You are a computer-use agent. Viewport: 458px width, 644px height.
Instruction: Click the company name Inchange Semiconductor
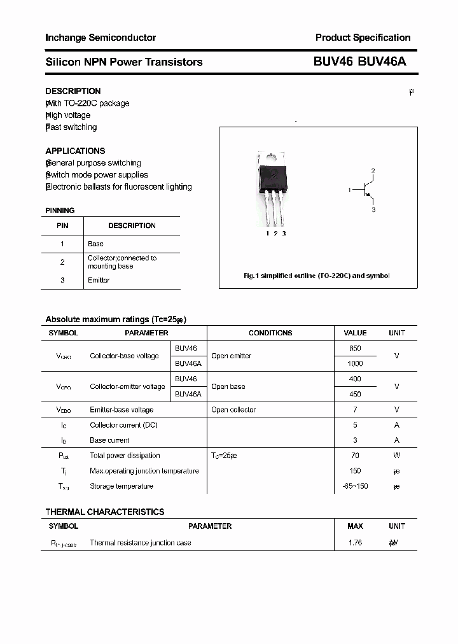pyautogui.click(x=101, y=38)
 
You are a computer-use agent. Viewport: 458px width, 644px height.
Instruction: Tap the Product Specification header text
pyautogui.click(x=363, y=38)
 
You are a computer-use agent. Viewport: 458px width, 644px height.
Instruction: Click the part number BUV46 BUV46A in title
pyautogui.click(x=359, y=62)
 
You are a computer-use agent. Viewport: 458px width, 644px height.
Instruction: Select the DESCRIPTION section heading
pyautogui.click(x=73, y=91)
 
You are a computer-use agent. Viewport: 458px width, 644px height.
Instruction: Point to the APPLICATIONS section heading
pyautogui.click(x=75, y=151)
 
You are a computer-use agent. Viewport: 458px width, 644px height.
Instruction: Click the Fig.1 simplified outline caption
pyautogui.click(x=317, y=276)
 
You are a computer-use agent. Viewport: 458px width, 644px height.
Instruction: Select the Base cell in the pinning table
pyautogui.click(x=95, y=244)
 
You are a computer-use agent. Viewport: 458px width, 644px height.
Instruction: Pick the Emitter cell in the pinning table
pyautogui.click(x=99, y=280)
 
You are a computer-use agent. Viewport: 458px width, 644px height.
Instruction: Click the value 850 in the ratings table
pyautogui.click(x=355, y=348)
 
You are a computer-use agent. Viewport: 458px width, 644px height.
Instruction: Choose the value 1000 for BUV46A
pyautogui.click(x=355, y=363)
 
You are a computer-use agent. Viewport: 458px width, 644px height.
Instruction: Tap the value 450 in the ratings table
pyautogui.click(x=355, y=394)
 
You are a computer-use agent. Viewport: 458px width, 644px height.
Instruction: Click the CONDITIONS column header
pyautogui.click(x=270, y=333)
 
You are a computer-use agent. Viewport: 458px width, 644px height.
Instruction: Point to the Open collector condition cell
pyautogui.click(x=233, y=410)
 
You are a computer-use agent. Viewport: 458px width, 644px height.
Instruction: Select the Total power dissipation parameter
pyautogui.click(x=125, y=456)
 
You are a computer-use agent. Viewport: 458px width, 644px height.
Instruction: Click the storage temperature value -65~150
pyautogui.click(x=355, y=486)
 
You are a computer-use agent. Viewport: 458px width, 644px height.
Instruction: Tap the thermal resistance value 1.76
pyautogui.click(x=355, y=543)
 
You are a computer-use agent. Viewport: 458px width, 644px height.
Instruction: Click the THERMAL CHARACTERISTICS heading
pyautogui.click(x=105, y=512)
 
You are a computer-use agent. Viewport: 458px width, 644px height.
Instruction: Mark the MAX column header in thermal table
pyautogui.click(x=355, y=526)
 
